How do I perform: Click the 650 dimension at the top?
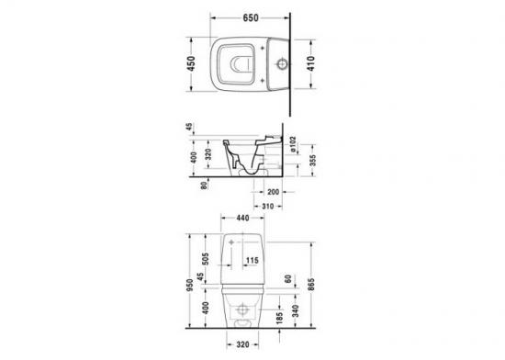(x=251, y=17)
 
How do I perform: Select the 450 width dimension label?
(x=191, y=63)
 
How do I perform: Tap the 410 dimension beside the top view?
(x=310, y=63)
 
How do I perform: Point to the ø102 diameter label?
(x=293, y=144)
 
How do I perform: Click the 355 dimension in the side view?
(x=312, y=160)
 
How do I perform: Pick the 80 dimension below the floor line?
(x=204, y=186)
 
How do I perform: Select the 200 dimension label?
(x=274, y=192)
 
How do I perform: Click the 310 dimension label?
(x=267, y=206)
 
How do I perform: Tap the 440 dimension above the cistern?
(x=242, y=218)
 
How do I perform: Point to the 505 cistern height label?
(x=205, y=259)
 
